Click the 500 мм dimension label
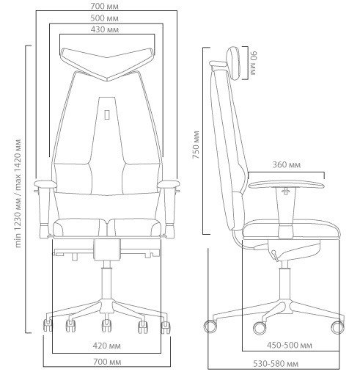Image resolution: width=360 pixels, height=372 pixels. (104, 18)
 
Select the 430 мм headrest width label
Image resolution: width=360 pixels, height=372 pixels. (105, 29)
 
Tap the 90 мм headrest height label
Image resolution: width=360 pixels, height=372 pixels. (253, 63)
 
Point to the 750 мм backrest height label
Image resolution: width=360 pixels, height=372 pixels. (196, 145)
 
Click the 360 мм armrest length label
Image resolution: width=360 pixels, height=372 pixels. (287, 165)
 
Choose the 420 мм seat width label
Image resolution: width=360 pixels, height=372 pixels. (106, 346)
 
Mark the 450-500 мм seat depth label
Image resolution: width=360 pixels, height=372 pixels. (290, 346)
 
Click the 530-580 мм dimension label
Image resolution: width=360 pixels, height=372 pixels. (276, 364)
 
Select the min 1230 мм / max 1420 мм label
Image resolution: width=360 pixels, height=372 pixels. (18, 193)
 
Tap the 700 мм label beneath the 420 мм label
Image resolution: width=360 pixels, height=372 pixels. (107, 362)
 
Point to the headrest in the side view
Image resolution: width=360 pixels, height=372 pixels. (233, 64)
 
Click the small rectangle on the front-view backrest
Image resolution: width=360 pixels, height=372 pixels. (107, 114)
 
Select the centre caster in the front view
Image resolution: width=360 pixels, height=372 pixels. (106, 326)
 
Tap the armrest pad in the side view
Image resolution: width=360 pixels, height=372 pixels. (287, 184)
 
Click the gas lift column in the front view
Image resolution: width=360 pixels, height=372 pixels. (107, 283)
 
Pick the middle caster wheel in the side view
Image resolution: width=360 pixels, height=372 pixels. (260, 328)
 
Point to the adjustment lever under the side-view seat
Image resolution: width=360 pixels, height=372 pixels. (274, 255)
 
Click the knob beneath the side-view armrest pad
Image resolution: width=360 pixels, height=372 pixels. (286, 191)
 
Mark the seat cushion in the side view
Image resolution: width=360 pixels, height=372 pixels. (291, 228)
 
